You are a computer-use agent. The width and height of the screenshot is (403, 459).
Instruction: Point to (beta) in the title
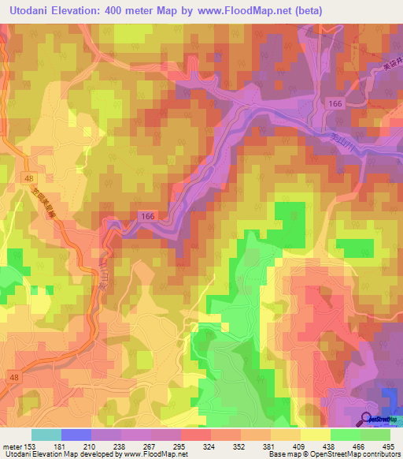click(x=307, y=9)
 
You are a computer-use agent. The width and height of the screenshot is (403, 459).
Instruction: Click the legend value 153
click(x=35, y=446)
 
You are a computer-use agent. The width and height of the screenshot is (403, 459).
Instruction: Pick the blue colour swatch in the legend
click(x=76, y=435)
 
